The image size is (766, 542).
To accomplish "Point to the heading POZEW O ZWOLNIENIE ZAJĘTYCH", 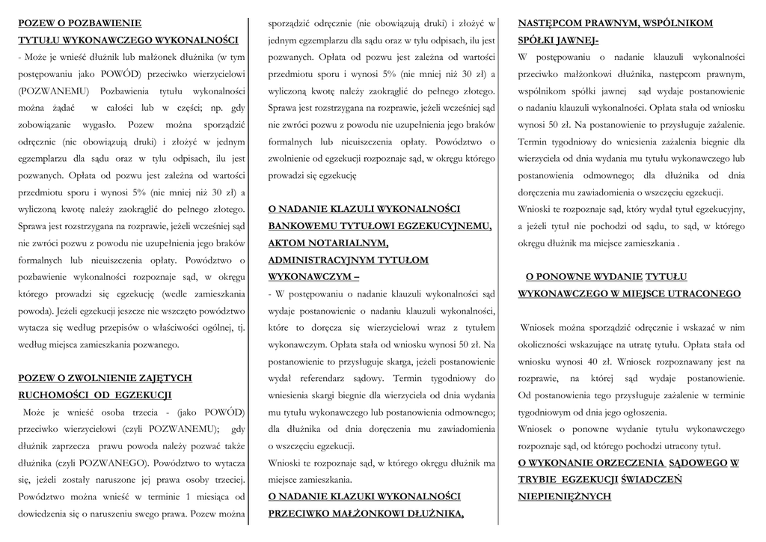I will click(x=105, y=378).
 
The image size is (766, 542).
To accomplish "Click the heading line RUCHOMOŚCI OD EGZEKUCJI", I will click(x=95, y=395).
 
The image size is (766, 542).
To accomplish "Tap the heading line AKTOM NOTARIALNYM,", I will click(x=328, y=243).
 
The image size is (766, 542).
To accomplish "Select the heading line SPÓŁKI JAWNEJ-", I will click(x=557, y=40).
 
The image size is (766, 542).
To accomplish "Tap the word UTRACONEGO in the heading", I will click(x=698, y=293).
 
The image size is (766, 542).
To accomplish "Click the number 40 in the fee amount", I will click(x=579, y=362).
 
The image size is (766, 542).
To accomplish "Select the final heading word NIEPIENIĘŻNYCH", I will click(x=564, y=496).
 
